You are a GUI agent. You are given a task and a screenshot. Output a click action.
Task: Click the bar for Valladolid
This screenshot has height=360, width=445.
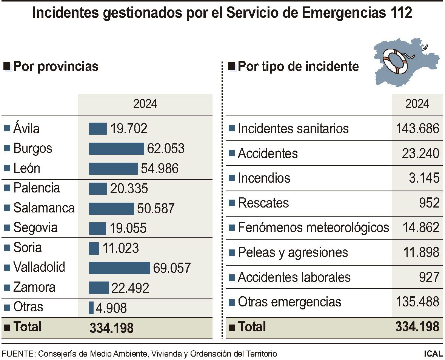pyautogui.click(x=119, y=268)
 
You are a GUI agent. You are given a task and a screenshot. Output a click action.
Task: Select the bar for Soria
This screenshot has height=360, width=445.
pyautogui.click(x=94, y=248)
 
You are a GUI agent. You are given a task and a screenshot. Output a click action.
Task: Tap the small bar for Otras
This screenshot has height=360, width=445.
pyautogui.click(x=91, y=308)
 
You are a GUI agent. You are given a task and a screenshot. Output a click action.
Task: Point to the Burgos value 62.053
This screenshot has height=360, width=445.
pyautogui.click(x=166, y=149)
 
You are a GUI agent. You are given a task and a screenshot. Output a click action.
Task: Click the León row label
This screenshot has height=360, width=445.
pyautogui.click(x=26, y=168)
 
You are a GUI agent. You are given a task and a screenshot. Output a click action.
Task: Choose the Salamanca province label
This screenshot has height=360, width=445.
pyautogui.click(x=44, y=208)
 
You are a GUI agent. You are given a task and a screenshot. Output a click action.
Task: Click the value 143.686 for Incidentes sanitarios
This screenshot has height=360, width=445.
pyautogui.click(x=417, y=129)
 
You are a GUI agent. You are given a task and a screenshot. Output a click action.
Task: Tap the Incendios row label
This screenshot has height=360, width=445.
pyautogui.click(x=264, y=178)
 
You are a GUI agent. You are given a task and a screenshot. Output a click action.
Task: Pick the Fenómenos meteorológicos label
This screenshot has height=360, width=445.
pyautogui.click(x=313, y=228)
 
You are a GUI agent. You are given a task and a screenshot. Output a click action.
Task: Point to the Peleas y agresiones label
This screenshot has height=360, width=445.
pyautogui.click(x=293, y=252)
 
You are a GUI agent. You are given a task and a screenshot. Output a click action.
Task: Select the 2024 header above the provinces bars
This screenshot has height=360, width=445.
pyautogui.click(x=145, y=104)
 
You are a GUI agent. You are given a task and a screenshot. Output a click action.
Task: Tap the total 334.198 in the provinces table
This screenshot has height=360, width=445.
pyautogui.click(x=111, y=328)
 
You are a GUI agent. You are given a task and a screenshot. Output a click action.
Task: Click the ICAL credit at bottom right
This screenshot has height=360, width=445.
pyautogui.click(x=433, y=354)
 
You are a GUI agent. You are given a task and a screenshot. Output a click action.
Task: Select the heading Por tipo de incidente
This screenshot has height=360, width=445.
pyautogui.click(x=298, y=66)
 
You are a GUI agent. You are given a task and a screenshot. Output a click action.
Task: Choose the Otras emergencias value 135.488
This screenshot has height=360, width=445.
pyautogui.click(x=417, y=302)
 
